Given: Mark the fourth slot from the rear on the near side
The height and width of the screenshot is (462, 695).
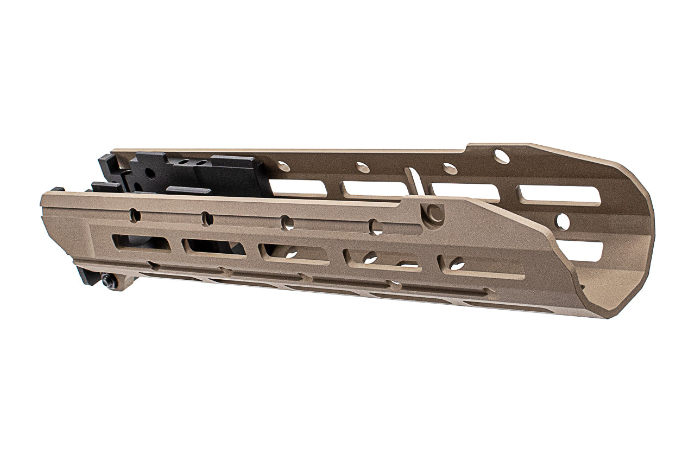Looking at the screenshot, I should coord(382,259).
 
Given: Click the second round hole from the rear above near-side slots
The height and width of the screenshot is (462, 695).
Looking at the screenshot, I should coord(207,219).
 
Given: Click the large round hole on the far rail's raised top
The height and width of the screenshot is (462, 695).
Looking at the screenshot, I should coord(502,157).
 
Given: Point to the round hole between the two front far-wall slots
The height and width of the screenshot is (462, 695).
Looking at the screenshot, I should coord(563,221).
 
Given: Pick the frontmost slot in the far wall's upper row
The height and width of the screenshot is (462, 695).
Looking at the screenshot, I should coord(559,195).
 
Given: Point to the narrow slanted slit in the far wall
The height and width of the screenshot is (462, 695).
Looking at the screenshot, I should coord(414,181).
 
